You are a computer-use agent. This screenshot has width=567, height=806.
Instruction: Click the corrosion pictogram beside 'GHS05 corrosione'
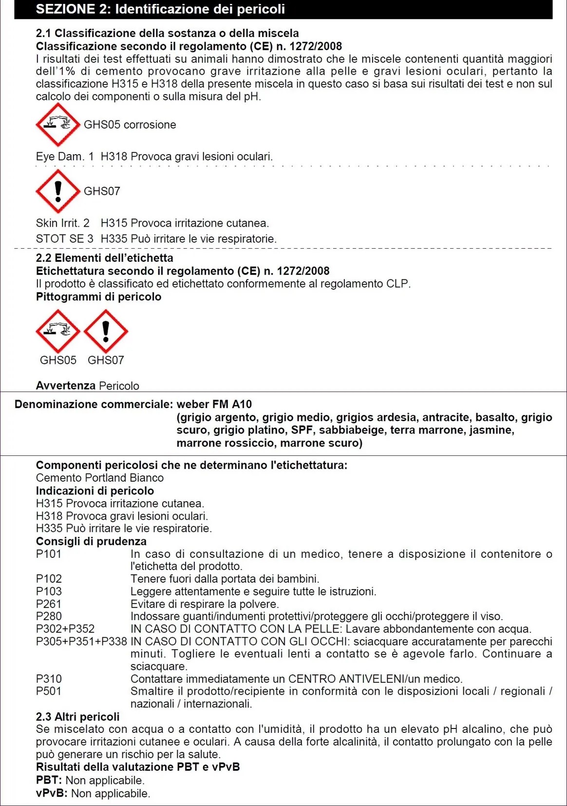58,124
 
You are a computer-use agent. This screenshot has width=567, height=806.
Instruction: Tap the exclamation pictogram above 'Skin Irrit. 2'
58,191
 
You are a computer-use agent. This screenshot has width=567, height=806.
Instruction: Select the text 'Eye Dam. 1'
65,157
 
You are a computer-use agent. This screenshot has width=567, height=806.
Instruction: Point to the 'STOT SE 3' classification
65,239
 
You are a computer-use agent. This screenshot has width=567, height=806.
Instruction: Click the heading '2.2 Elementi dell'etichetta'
104,258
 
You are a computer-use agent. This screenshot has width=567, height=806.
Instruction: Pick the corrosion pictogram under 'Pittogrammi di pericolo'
58,331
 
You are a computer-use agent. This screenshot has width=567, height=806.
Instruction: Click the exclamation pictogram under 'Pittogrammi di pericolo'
106,331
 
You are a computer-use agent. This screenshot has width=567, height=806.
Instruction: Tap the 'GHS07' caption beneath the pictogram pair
106,360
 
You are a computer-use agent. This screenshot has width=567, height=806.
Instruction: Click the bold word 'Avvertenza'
66,386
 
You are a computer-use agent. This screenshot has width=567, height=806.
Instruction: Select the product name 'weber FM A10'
214,404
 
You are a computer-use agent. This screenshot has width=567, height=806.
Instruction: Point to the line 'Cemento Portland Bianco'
100,478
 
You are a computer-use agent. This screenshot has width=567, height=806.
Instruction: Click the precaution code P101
49,554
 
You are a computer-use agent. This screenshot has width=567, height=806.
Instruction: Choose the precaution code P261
49,604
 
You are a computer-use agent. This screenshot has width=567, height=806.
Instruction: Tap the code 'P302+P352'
65,629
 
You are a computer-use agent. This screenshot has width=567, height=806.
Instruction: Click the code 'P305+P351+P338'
81,642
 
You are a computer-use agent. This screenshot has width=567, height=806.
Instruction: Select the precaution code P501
49,691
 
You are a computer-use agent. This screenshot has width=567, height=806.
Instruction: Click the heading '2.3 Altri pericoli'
77,717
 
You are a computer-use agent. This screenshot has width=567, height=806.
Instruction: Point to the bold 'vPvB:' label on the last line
52,793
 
